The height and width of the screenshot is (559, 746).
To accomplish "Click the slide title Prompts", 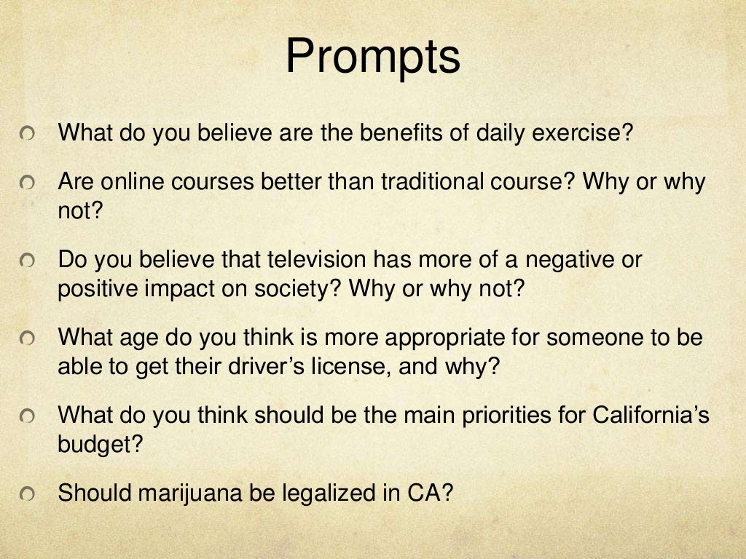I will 372,58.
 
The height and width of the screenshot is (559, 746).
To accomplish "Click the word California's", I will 651,416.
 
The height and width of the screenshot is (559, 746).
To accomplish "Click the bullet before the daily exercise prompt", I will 27,134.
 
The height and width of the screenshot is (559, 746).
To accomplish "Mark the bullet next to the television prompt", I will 27,261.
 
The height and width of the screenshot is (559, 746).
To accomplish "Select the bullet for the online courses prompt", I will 27,183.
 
